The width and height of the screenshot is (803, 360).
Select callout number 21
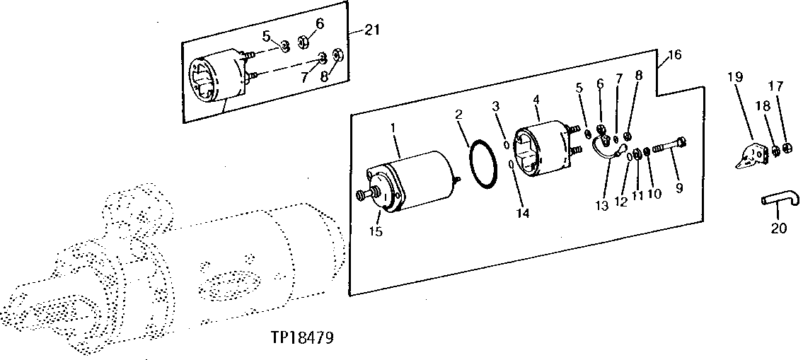(x=372, y=30)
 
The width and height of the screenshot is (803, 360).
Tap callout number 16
(x=674, y=55)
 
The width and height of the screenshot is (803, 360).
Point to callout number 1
(x=394, y=129)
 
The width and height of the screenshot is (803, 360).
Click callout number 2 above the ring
(x=459, y=114)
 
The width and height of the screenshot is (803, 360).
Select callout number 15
(x=376, y=231)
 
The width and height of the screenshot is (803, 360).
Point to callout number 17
(x=775, y=87)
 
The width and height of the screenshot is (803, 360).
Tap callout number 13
(x=603, y=205)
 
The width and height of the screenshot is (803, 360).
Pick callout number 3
(x=497, y=107)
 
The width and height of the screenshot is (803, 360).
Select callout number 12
(x=621, y=200)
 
